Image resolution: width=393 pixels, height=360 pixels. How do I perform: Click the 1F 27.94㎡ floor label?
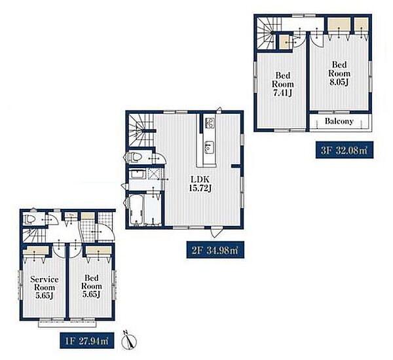tap(87, 340)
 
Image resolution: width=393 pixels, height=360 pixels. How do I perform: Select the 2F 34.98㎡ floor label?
tap(215, 250)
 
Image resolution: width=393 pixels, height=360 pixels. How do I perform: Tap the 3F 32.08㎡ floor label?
tap(345, 150)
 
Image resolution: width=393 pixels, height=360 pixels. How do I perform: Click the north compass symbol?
tap(129, 340)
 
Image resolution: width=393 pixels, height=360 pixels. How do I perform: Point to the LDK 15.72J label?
tap(200, 184)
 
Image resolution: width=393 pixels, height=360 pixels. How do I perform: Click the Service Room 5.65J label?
tap(45, 287)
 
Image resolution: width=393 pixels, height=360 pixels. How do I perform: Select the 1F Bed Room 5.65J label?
tap(92, 286)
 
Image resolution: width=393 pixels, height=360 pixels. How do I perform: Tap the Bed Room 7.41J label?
tap(283, 84)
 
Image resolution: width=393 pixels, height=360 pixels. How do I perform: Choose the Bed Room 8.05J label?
tap(339, 73)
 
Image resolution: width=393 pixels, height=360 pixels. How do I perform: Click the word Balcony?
tap(339, 121)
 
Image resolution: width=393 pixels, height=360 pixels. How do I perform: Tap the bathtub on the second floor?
tap(136, 210)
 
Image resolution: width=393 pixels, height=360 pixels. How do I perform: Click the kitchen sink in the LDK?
tap(209, 147)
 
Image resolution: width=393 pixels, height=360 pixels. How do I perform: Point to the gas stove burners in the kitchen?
tap(210, 123)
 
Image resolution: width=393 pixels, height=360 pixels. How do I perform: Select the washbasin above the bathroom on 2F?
tap(138, 174)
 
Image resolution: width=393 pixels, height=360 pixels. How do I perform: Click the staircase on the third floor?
tap(266, 33)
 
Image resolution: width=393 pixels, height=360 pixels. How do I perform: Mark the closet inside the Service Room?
tap(36, 250)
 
